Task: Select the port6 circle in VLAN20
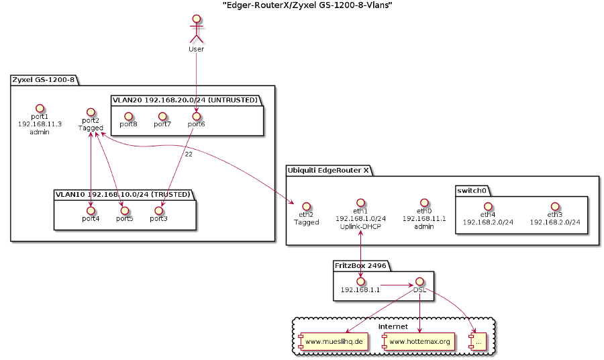(x=196, y=116)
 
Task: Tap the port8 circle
(x=128, y=116)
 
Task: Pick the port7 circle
(x=162, y=116)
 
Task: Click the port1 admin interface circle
(x=40, y=108)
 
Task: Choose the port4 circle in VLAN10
(x=91, y=210)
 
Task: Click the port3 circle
(x=158, y=210)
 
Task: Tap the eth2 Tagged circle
(x=307, y=206)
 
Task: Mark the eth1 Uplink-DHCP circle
(x=360, y=201)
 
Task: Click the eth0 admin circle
(x=424, y=201)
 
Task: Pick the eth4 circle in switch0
(x=488, y=206)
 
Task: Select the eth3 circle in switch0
(x=555, y=206)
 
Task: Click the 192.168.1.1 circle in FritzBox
(x=360, y=281)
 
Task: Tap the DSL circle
(x=419, y=281)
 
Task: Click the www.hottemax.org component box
(x=417, y=341)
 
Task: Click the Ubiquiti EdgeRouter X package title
(x=328, y=170)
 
